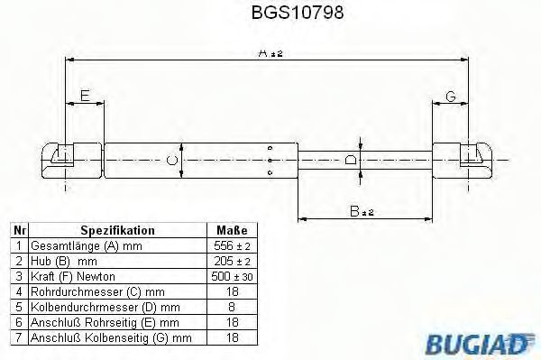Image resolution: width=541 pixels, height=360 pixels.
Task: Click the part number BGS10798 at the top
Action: (x=298, y=13)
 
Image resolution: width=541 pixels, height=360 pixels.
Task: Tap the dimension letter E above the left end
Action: (x=85, y=96)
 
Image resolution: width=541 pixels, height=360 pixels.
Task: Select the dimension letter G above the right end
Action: (x=451, y=97)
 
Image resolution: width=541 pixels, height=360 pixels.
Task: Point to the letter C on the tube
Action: (x=172, y=161)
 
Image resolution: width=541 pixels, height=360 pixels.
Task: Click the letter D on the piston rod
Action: (x=351, y=160)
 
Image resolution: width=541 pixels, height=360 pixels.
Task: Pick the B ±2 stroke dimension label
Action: (x=362, y=211)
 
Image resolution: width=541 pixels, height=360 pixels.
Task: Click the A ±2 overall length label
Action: (x=270, y=53)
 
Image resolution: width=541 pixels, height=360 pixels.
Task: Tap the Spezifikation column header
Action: (x=117, y=230)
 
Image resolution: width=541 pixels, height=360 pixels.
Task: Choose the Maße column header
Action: (x=232, y=230)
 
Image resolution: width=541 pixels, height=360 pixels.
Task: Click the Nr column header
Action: (x=19, y=230)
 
